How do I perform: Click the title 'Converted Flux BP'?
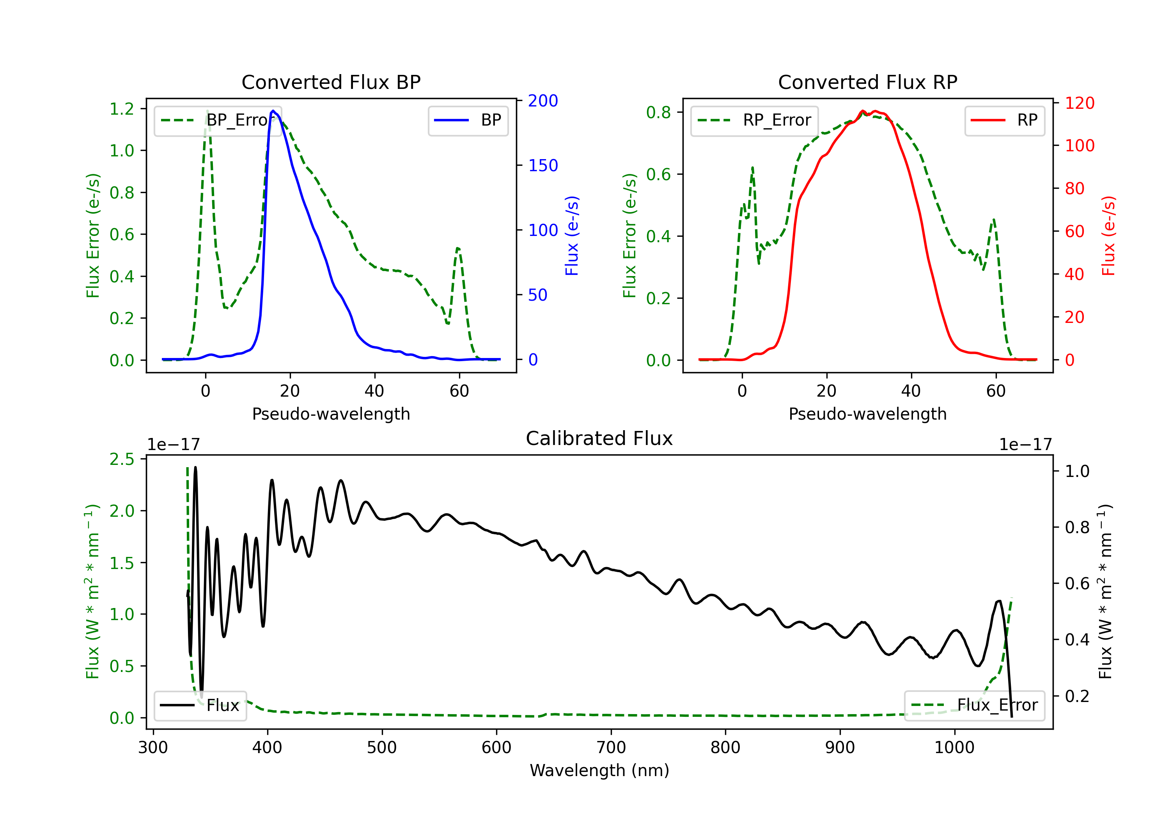click(331, 82)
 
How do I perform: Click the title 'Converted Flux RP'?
click(867, 82)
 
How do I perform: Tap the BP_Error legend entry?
click(218, 120)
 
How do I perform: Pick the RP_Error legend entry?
click(754, 120)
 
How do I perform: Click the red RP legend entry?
click(1004, 120)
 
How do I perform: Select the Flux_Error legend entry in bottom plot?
click(974, 706)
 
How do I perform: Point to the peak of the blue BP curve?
click(273, 111)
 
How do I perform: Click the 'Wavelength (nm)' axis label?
click(599, 770)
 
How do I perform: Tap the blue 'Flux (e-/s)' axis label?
click(572, 236)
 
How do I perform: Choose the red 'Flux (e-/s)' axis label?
click(1109, 236)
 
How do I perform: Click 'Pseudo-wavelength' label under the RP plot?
click(867, 414)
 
